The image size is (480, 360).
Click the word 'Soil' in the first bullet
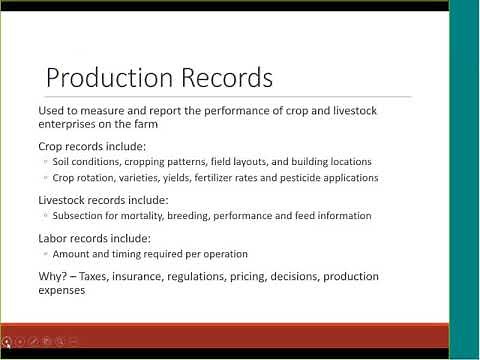click(x=64, y=162)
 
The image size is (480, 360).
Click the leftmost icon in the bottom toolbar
click(x=7, y=341)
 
